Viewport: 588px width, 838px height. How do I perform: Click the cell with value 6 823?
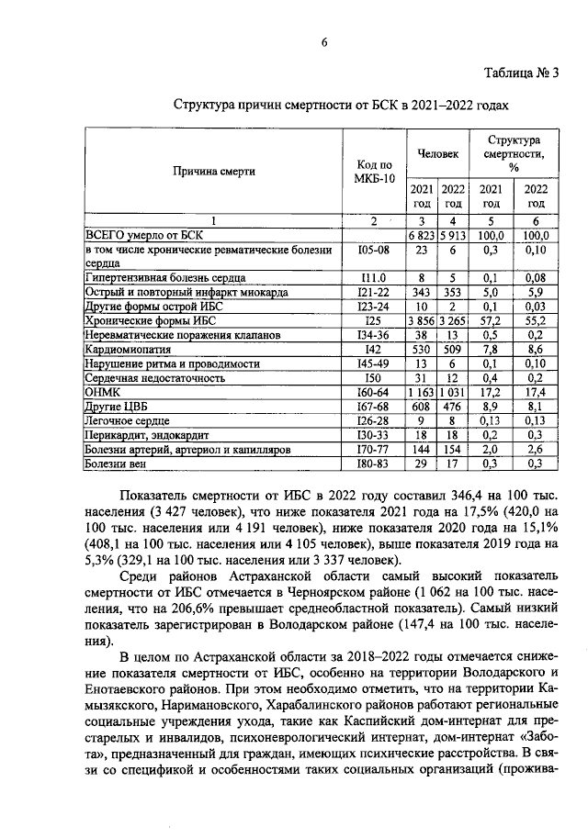tap(424, 235)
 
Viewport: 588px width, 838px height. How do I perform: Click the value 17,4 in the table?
tap(535, 393)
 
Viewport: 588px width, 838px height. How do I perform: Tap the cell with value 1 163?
tap(424, 393)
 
